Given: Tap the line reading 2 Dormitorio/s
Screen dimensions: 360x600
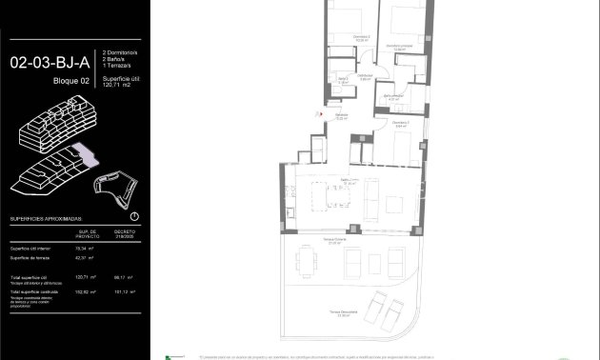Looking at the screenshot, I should (121, 54).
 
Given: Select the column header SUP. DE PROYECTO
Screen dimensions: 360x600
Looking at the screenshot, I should (89, 233).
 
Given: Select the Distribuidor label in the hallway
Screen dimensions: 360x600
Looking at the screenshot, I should (364, 77).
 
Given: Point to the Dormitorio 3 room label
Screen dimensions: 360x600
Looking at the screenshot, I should (402, 122).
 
